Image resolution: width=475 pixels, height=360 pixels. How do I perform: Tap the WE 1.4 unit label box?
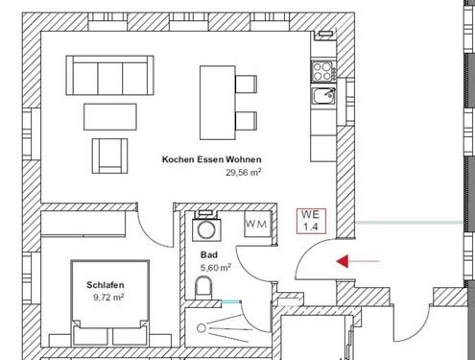tap(310, 221)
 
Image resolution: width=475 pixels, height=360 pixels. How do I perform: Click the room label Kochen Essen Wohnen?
tap(211, 160)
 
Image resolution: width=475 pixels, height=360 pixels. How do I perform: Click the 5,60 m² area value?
tap(216, 268)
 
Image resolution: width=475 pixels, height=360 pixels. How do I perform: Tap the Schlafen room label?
tap(105, 286)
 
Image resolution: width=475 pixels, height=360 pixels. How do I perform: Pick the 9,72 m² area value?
tap(108, 299)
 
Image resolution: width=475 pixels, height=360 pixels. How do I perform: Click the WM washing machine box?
tap(256, 224)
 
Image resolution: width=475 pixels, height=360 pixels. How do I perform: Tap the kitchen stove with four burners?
tap(321, 70)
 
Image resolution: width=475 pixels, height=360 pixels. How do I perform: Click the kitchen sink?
tap(323, 94)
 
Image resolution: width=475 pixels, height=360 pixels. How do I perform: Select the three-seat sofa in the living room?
tap(108, 73)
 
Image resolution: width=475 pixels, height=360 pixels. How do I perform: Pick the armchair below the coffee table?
tap(109, 153)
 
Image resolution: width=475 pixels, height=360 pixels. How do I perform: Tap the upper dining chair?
tap(246, 84)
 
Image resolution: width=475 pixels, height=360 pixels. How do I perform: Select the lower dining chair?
tap(246, 120)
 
